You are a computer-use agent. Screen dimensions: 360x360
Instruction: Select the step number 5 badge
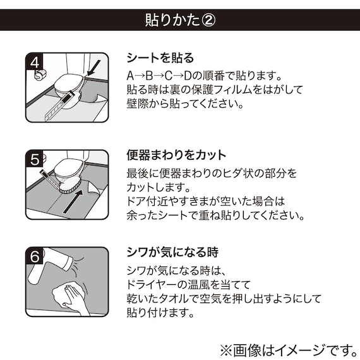point(35,159)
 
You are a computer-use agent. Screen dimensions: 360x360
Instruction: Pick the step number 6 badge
point(35,256)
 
